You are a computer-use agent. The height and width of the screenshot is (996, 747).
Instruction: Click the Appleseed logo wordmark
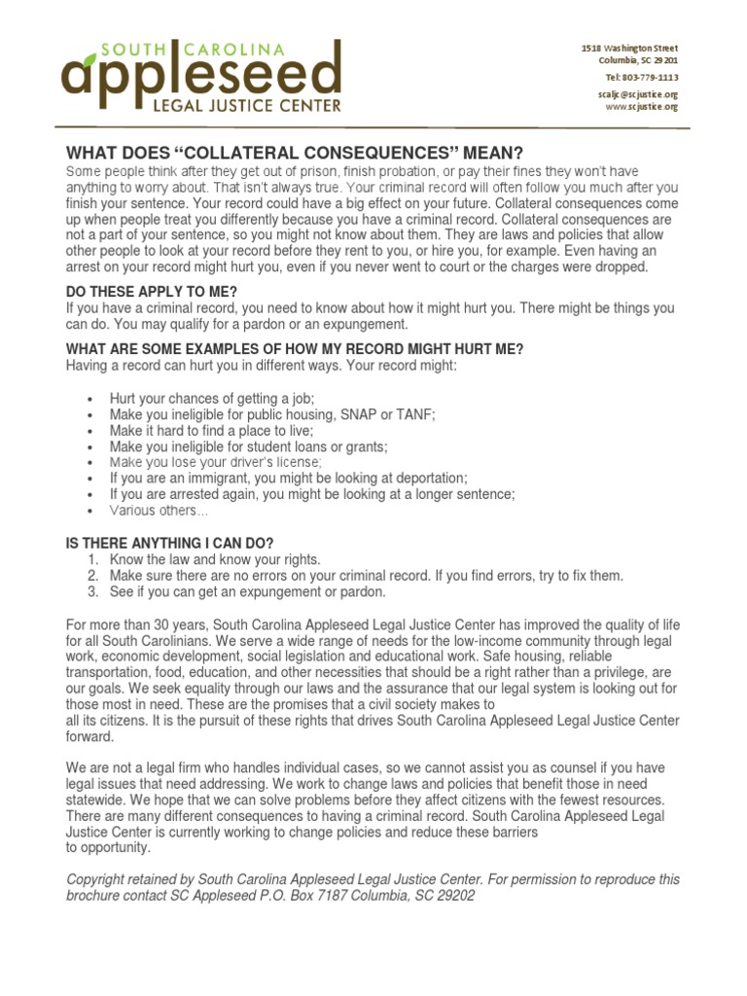pyautogui.click(x=201, y=72)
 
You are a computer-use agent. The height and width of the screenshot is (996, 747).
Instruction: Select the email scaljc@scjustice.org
pyautogui.click(x=637, y=93)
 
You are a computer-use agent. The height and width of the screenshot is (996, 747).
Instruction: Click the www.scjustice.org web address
pyautogui.click(x=641, y=107)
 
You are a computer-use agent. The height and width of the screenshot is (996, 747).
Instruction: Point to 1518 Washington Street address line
pyautogui.click(x=629, y=48)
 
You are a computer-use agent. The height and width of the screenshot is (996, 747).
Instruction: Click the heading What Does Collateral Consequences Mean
pyautogui.click(x=294, y=153)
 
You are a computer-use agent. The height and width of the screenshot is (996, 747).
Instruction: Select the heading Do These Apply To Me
pyautogui.click(x=151, y=292)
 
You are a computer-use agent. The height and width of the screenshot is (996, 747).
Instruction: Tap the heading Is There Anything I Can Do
pyautogui.click(x=170, y=544)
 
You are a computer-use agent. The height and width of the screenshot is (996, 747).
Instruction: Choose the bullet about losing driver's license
pyautogui.click(x=215, y=462)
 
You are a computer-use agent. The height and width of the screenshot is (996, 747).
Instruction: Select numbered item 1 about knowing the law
pyautogui.click(x=214, y=560)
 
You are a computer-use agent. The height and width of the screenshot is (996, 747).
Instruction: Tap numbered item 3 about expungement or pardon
pyautogui.click(x=233, y=591)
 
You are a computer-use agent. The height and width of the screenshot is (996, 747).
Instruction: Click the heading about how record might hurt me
pyautogui.click(x=294, y=349)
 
